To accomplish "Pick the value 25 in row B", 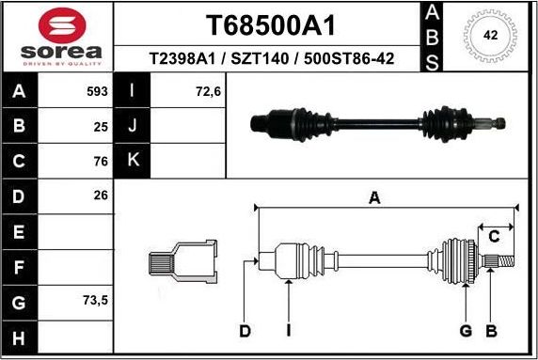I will point(101,125).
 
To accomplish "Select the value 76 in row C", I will point(101,160).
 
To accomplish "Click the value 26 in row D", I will point(101,195).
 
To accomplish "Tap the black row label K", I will point(132,160).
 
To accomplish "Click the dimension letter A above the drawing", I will point(374,197).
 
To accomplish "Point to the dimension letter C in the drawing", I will point(493,236).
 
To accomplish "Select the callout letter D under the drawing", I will point(245,330).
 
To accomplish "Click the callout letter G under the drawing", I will point(465,330).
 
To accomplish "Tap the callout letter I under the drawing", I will point(288,330).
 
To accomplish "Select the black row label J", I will point(132,126).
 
